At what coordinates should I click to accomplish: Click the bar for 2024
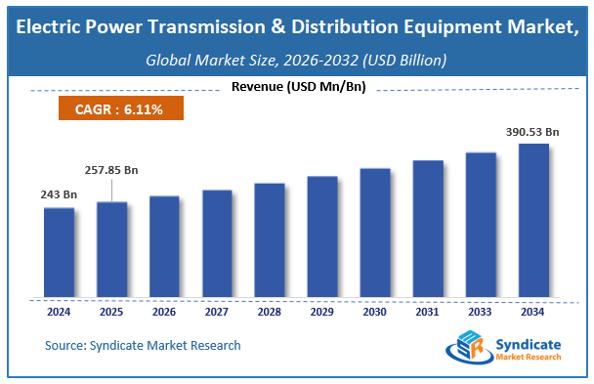[x=60, y=252]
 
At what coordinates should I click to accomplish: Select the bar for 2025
[x=112, y=249]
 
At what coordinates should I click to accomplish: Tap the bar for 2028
[x=270, y=239]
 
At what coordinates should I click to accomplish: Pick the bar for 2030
[x=375, y=233]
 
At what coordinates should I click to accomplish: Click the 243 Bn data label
[x=60, y=195]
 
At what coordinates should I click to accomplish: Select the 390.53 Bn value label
[x=530, y=131]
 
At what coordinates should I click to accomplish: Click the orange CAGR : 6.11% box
[x=116, y=109]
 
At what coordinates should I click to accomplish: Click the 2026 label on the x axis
[x=164, y=313]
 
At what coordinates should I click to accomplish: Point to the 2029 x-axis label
[x=322, y=313]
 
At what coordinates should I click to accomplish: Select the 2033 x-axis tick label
[x=481, y=313]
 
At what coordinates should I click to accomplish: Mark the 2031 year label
[x=428, y=313]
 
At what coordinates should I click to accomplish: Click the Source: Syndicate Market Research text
[x=143, y=345]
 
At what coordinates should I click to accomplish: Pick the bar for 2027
[x=217, y=243]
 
